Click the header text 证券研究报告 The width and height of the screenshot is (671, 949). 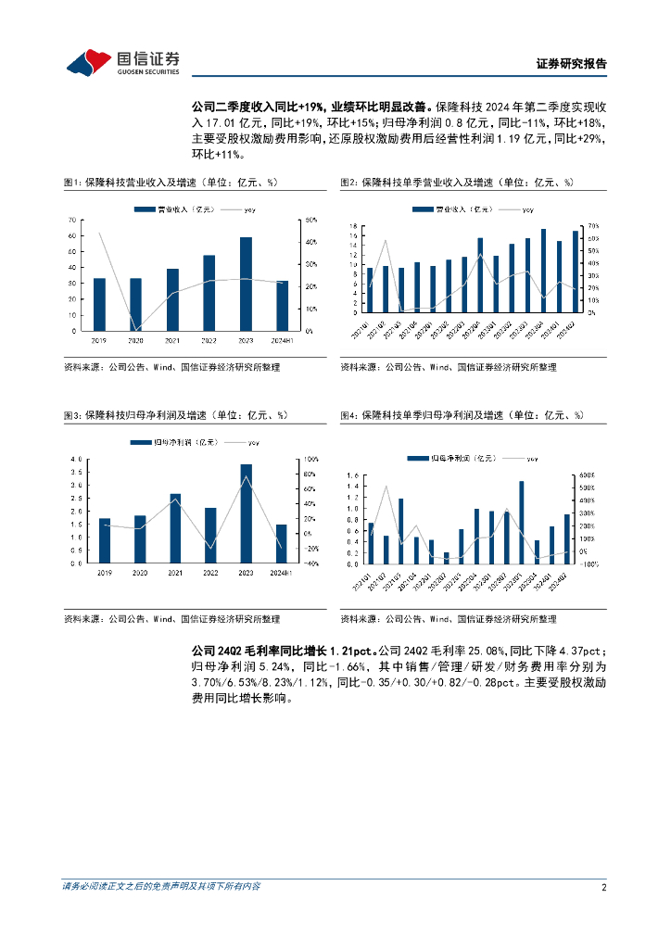click(x=572, y=64)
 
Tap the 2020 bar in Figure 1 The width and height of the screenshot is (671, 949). click(x=136, y=304)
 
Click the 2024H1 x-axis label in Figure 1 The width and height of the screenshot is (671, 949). click(x=282, y=340)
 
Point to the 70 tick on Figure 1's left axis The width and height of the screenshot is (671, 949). click(x=72, y=220)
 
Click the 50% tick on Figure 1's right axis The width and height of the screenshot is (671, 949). click(x=311, y=220)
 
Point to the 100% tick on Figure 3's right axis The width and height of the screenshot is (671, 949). click(x=312, y=459)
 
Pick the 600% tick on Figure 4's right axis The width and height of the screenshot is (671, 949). click(x=586, y=475)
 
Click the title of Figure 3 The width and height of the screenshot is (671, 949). click(x=175, y=415)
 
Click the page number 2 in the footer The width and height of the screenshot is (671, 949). click(x=603, y=887)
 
